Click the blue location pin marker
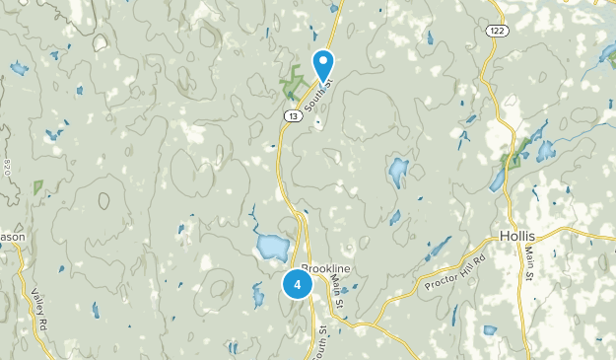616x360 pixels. pyautogui.click(x=324, y=65)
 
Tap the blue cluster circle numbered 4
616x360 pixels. pyautogui.click(x=297, y=284)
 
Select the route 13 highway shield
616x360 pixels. pyautogui.click(x=292, y=115)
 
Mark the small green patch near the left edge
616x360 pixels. pyautogui.click(x=38, y=185)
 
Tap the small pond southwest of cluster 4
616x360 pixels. pyautogui.click(x=259, y=294)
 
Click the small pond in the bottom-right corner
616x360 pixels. pyautogui.click(x=490, y=329)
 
